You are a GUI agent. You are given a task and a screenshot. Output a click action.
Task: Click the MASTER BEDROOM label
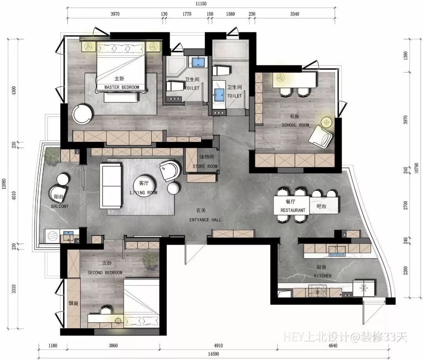(122, 87)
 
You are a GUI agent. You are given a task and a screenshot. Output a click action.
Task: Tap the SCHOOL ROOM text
(295, 125)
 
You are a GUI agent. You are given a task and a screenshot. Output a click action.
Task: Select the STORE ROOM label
(205, 166)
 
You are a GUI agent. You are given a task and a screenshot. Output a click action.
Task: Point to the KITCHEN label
(323, 276)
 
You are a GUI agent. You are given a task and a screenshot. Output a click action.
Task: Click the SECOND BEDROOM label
(105, 273)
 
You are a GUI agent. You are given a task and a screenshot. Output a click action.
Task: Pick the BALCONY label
(60, 206)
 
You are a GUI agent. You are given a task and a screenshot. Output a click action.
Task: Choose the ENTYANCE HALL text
(205, 220)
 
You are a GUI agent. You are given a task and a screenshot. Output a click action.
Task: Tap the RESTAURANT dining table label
(293, 210)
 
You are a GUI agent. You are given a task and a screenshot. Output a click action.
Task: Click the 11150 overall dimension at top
(201, 4)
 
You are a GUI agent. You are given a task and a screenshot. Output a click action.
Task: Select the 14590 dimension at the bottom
(213, 354)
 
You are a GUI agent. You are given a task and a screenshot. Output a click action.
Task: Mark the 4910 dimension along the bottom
(218, 346)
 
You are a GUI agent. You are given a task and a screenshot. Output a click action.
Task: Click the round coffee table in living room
(145, 186)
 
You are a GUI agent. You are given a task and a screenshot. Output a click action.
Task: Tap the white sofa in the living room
(110, 186)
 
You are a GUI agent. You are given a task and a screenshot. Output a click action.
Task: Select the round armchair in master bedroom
(82, 114)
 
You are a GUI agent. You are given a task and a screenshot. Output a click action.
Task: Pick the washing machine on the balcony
(52, 237)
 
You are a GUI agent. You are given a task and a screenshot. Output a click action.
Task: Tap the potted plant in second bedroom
(150, 261)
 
